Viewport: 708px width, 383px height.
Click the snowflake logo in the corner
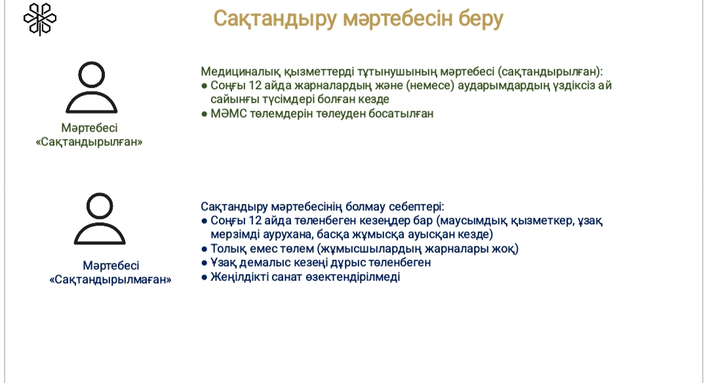tap(40, 19)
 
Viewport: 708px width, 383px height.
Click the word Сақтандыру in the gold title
tap(275, 19)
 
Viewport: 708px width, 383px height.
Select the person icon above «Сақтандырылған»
tap(92, 87)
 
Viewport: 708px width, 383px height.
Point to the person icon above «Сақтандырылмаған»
tap(100, 218)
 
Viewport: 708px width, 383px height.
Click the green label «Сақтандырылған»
tap(89, 142)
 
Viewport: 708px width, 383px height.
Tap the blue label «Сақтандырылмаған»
tap(111, 279)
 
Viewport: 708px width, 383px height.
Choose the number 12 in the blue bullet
tap(255, 220)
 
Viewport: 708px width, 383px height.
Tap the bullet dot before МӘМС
tap(205, 114)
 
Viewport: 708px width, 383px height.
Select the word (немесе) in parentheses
tap(430, 85)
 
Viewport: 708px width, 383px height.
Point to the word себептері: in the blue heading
tap(417, 207)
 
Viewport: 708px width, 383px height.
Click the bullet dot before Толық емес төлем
tap(205, 249)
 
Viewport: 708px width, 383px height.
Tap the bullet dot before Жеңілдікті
tap(205, 277)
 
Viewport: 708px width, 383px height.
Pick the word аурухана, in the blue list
tap(287, 234)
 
